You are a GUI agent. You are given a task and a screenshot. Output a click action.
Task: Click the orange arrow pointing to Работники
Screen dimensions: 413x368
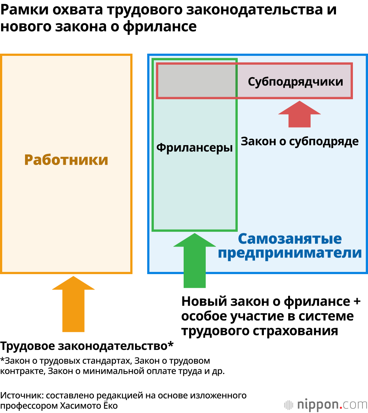[74, 305]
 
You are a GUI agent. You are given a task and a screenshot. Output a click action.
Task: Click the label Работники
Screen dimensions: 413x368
[66, 160]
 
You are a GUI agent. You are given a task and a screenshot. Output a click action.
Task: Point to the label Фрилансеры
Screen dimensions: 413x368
[195, 148]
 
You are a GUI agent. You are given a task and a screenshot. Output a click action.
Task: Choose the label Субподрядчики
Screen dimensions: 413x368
[296, 82]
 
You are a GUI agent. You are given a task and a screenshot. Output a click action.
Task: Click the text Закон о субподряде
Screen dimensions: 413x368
[300, 141]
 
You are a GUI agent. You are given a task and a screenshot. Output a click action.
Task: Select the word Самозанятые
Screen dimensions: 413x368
[290, 239]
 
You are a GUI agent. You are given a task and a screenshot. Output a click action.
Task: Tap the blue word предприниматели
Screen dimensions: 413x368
[290, 253]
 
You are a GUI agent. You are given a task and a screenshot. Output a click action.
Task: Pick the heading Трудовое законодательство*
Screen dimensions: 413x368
[87, 346]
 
